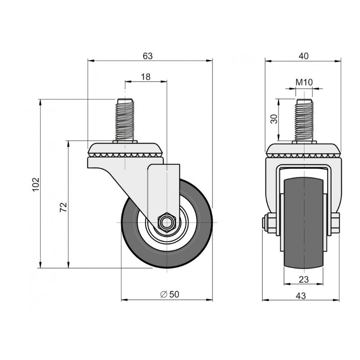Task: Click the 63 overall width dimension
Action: tap(148, 56)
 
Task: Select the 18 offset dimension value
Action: tap(145, 77)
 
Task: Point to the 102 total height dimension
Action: tap(36, 184)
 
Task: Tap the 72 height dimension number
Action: tap(63, 207)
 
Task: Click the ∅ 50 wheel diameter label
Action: tap(170, 294)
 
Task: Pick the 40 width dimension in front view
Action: tap(303, 56)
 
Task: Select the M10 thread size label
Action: tap(304, 82)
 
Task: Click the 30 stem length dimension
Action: tap(274, 119)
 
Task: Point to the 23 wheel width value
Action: tap(303, 279)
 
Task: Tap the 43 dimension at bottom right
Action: tap(301, 296)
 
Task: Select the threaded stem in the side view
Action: tap(125, 120)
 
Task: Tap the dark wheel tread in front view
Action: tap(303, 222)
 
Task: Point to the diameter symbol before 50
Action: tap(163, 294)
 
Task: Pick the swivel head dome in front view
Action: tap(303, 150)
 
